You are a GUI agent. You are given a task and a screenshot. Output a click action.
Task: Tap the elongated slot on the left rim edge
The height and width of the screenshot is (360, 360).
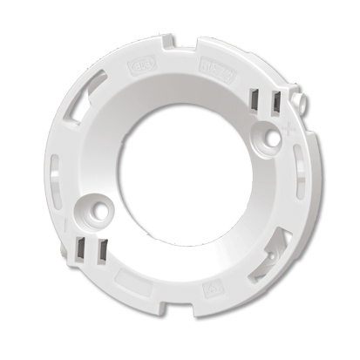[55, 174]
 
